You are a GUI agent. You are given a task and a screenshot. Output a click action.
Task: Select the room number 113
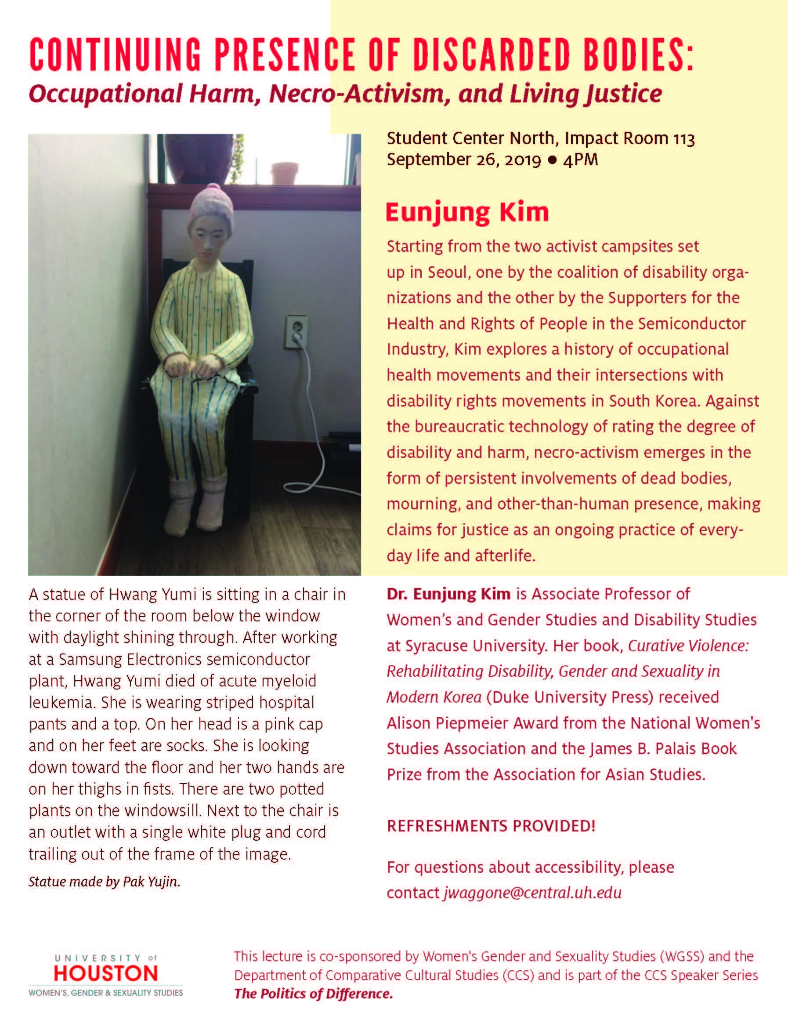[x=684, y=139]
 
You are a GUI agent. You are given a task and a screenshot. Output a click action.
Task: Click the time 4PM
[x=580, y=160]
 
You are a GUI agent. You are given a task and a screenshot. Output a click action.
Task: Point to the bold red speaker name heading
[x=467, y=213]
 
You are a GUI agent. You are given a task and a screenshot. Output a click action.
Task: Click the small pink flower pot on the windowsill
[x=284, y=172]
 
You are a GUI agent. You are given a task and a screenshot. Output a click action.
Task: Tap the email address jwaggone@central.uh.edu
[x=532, y=893]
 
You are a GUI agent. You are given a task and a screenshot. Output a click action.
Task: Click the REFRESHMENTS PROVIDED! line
[x=491, y=826]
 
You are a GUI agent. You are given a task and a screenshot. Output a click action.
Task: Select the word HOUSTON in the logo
[x=106, y=973]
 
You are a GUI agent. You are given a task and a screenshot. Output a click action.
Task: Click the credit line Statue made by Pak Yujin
[x=104, y=881]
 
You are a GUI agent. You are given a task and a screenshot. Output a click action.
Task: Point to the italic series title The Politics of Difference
[x=313, y=993]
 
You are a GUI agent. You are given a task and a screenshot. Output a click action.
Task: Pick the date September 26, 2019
[x=463, y=160]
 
